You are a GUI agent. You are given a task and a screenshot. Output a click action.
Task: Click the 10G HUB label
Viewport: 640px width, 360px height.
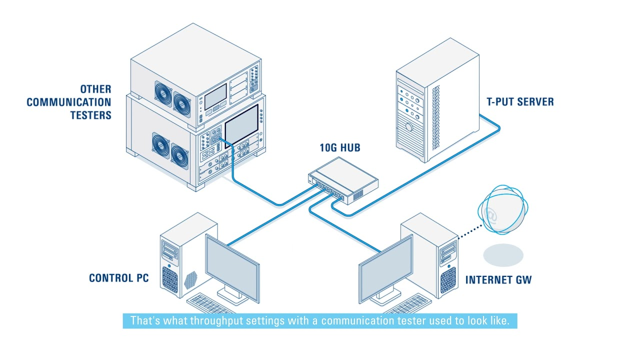pos(339,148)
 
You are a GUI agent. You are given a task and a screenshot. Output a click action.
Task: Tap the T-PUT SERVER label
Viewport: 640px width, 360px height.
pos(520,102)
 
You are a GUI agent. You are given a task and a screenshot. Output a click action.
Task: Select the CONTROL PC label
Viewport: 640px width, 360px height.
pos(119,278)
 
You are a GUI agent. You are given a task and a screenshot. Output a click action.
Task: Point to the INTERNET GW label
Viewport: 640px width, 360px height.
pos(498,279)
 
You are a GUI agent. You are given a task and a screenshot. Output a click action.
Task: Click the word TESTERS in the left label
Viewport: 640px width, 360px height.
pos(90,115)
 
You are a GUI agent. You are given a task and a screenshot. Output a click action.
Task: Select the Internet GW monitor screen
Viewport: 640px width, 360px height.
pos(385,268)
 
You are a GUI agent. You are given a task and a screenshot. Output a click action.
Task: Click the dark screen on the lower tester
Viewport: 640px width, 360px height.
pos(241,124)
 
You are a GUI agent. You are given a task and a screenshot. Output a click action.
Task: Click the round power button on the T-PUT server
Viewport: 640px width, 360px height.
pos(409,127)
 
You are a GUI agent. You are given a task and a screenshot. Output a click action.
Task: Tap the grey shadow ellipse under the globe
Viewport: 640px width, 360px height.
pos(503,254)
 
